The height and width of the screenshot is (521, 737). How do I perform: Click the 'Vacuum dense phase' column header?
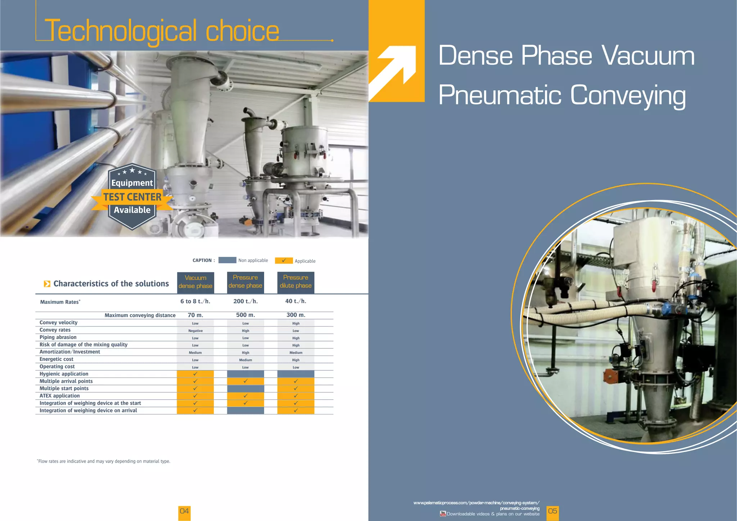tap(195, 282)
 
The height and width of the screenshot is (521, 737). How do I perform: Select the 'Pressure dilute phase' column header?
tap(295, 282)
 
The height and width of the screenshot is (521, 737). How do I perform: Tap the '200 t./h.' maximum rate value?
tap(245, 301)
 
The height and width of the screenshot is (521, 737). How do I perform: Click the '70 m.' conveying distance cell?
tap(195, 315)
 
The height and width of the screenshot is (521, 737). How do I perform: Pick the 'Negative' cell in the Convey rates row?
tap(195, 331)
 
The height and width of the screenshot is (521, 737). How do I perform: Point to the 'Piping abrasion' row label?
tap(58, 337)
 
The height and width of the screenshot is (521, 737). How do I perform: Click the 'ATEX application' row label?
tap(59, 396)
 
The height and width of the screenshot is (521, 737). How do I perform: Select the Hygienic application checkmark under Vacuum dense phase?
tap(195, 374)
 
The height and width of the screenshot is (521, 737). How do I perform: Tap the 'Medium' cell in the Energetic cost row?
tap(245, 360)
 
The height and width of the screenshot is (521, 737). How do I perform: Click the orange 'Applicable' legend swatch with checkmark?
tap(284, 260)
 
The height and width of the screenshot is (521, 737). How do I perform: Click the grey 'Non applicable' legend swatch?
tap(227, 260)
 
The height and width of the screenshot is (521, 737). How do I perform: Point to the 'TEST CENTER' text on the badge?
tap(132, 197)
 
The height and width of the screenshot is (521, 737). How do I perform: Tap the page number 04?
tap(184, 511)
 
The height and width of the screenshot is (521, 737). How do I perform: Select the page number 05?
tap(552, 511)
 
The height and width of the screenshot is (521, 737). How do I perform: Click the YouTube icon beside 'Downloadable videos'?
tap(443, 514)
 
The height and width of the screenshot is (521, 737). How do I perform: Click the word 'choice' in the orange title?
tap(242, 31)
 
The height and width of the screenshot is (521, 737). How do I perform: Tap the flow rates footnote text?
tap(104, 461)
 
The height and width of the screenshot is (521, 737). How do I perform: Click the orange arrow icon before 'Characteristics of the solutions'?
tap(47, 284)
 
